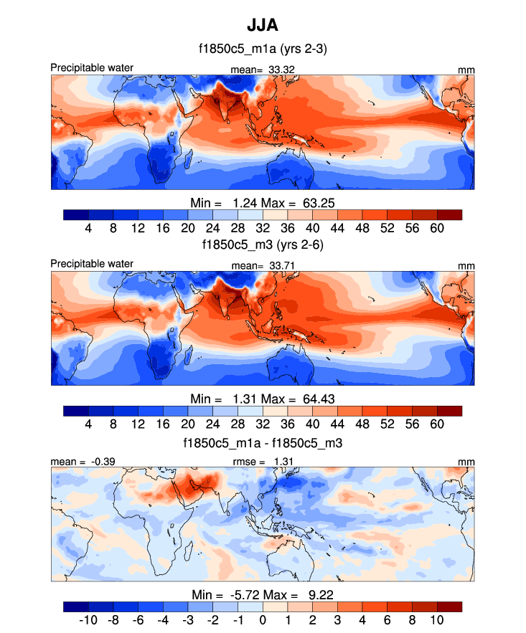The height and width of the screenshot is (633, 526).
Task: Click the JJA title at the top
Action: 263,25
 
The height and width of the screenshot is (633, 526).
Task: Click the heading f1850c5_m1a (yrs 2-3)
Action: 263,49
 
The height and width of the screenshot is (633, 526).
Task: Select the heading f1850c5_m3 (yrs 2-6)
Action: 263,245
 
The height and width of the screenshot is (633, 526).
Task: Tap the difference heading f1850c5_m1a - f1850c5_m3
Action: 263,444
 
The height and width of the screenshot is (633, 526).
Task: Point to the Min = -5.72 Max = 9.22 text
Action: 263,595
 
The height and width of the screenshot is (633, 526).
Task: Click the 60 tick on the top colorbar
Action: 437,227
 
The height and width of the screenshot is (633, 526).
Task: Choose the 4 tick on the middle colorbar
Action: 88,424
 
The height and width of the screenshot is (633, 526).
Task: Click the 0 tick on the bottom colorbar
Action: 263,620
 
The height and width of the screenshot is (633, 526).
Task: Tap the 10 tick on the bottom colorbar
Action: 437,620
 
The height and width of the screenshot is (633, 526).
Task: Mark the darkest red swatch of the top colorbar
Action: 449,214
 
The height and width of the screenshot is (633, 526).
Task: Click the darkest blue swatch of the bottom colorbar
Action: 75,606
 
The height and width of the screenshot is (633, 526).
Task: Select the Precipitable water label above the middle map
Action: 92,264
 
